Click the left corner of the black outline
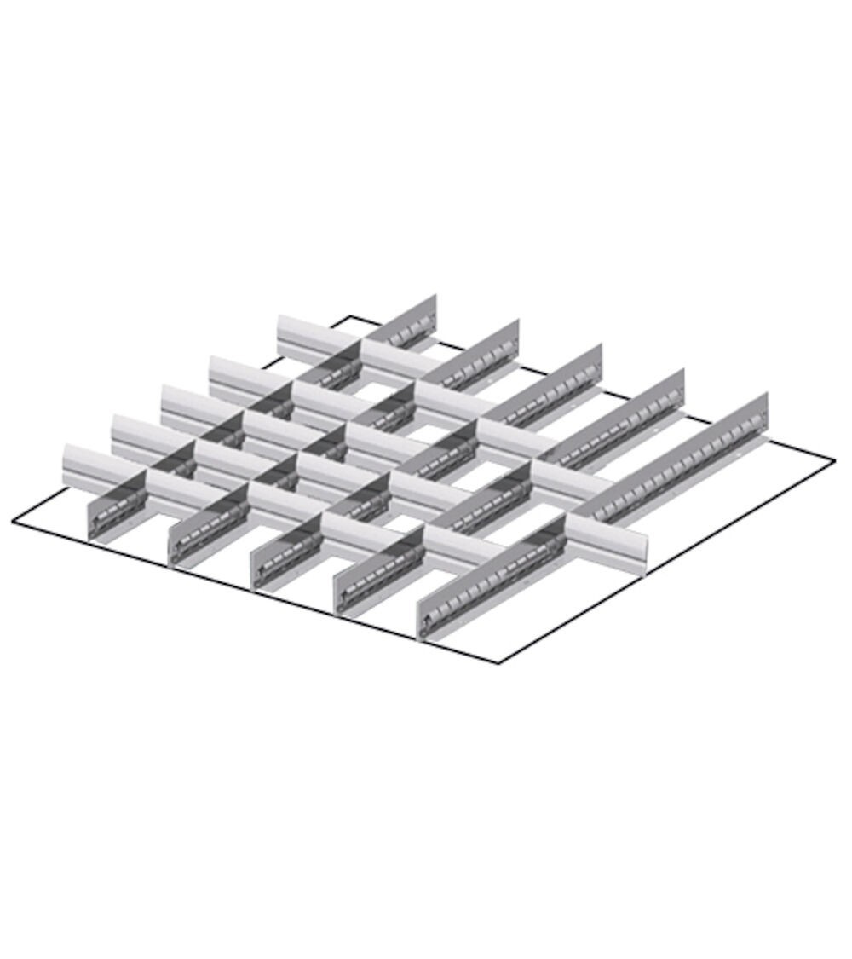14,522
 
